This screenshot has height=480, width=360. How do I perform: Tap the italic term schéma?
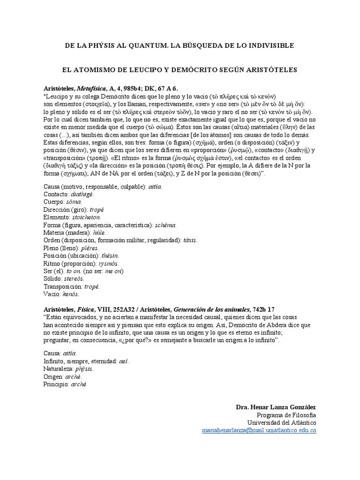pyautogui.click(x=165, y=225)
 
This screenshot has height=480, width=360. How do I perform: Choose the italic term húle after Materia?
pyautogui.click(x=99, y=232)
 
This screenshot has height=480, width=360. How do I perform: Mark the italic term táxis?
pyautogui.click(x=189, y=240)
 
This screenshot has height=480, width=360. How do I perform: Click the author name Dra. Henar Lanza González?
pyautogui.click(x=276, y=407)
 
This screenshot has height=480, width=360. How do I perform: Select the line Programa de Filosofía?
pyautogui.click(x=286, y=415)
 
